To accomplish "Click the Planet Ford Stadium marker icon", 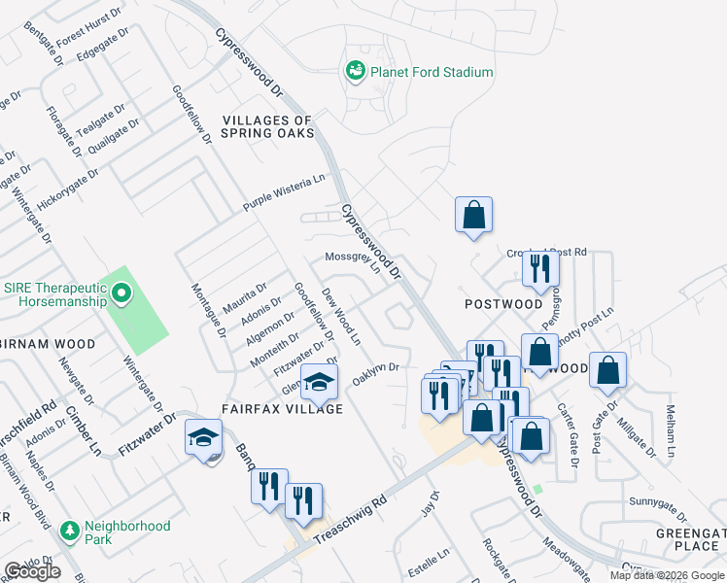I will [356, 72].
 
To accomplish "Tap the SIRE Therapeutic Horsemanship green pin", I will [121, 291].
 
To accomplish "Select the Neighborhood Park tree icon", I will [69, 532].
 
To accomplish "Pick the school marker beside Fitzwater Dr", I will [204, 439].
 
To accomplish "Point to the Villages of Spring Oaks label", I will [268, 126].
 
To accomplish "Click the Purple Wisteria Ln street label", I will [284, 194].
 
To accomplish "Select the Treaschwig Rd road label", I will [354, 516].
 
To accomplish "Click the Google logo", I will [32, 571].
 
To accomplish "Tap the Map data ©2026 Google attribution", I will [667, 575].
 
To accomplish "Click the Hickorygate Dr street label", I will [69, 189].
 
